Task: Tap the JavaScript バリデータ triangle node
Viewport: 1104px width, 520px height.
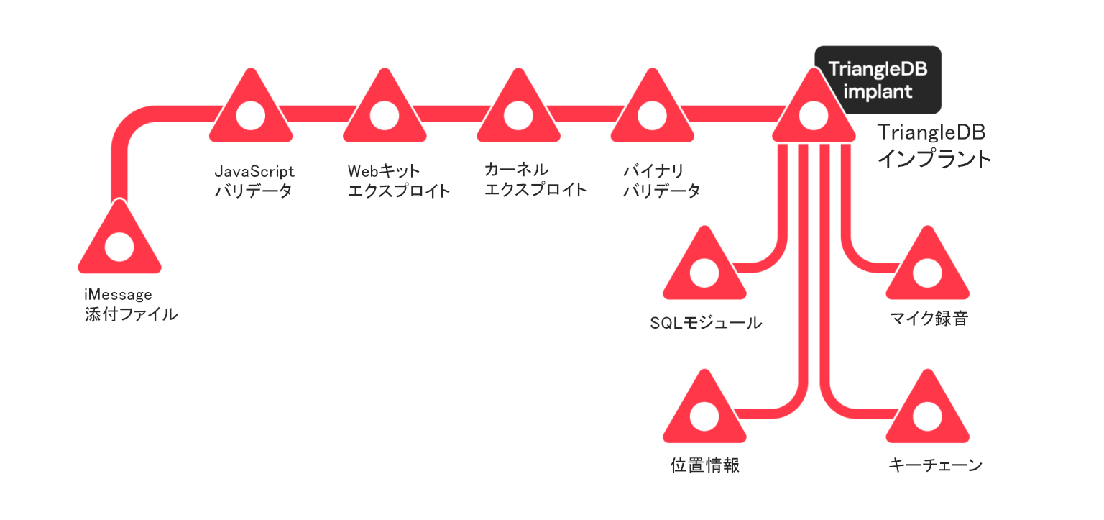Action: tap(251, 110)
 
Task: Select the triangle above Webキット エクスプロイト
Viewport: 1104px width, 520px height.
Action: tap(384, 110)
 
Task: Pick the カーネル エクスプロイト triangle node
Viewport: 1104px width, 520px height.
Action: tap(517, 110)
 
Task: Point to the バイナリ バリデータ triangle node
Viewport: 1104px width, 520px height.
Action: tap(652, 110)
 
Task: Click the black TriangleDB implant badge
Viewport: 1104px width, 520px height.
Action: tap(878, 81)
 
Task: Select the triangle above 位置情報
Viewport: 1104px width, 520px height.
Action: tap(704, 413)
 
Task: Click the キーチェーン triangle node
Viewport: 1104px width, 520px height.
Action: tap(927, 413)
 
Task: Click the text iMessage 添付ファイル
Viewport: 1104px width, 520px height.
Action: tap(131, 305)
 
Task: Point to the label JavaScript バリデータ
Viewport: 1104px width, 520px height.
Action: tap(254, 181)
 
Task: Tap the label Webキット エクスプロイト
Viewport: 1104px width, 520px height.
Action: tap(399, 181)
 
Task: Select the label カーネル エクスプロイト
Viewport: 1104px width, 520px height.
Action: tap(535, 180)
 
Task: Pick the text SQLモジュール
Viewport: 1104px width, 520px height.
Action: tap(705, 323)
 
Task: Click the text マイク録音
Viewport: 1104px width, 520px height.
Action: tap(928, 319)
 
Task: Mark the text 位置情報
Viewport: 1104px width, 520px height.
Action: tap(704, 465)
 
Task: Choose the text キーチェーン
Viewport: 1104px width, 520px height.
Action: tap(935, 465)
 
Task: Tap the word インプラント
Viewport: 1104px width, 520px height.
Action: tap(934, 158)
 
